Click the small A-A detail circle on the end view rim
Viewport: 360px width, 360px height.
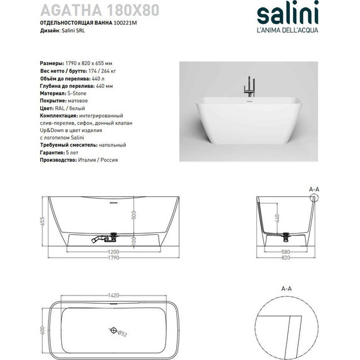coord(314,198)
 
